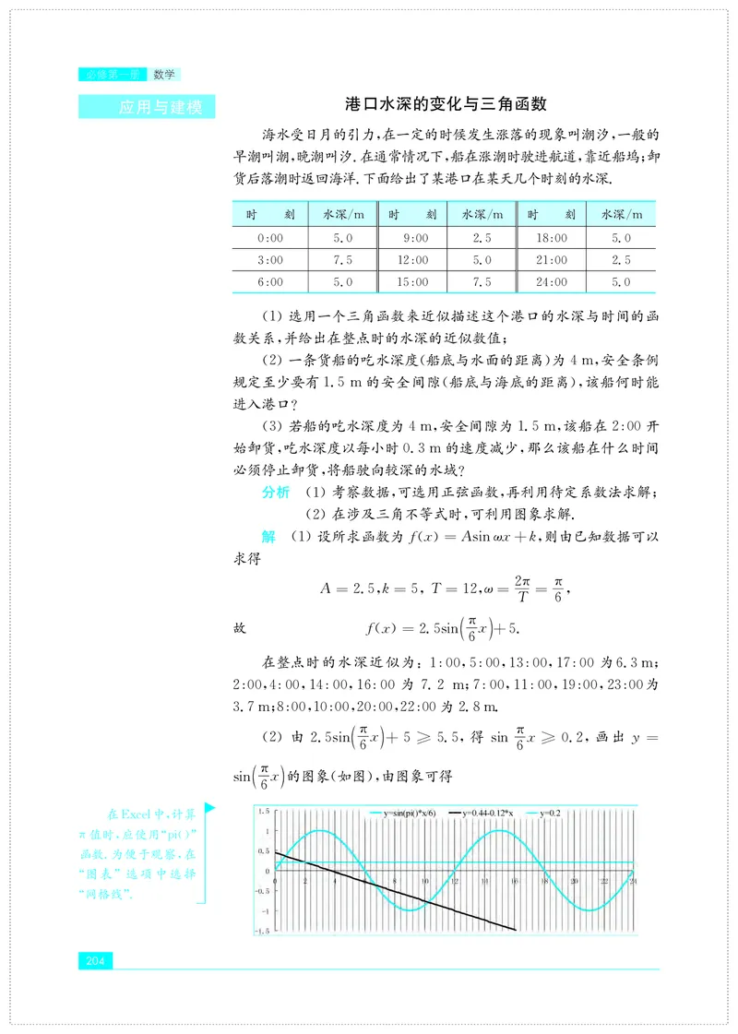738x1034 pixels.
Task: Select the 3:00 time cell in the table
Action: click(x=270, y=260)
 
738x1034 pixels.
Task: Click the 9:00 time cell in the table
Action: click(x=414, y=238)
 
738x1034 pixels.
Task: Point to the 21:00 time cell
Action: click(x=553, y=260)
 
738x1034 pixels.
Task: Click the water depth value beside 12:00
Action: click(x=482, y=260)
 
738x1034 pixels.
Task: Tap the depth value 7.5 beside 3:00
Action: click(x=342, y=260)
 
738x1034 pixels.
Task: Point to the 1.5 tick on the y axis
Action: click(x=265, y=811)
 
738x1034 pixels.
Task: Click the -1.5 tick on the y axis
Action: click(x=263, y=931)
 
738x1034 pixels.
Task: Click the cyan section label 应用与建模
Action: click(x=161, y=107)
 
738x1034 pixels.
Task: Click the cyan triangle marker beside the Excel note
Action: click(x=210, y=809)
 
